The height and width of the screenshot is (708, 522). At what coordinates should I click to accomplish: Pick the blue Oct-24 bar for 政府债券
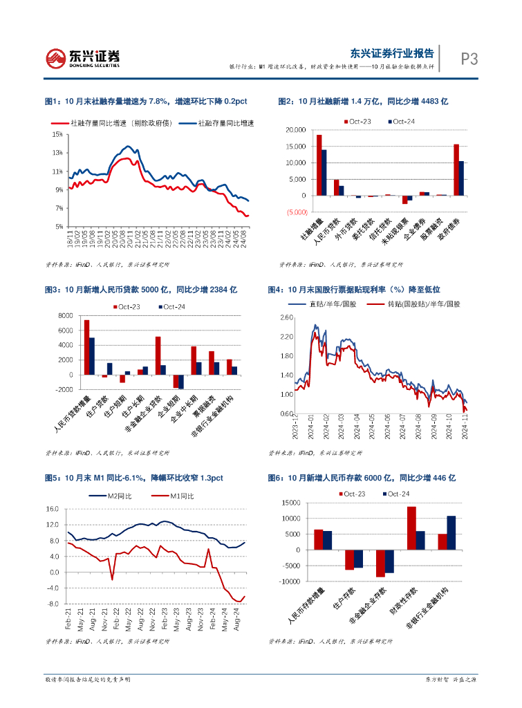point(461,178)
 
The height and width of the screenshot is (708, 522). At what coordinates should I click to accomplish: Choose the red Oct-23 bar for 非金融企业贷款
point(158,355)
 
